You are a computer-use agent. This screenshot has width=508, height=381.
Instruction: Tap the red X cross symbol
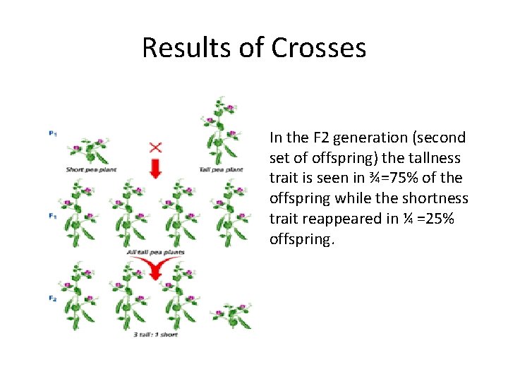[155, 147]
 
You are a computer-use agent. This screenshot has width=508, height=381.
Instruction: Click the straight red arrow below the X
[155, 169]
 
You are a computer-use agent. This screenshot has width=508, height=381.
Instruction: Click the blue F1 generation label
[53, 216]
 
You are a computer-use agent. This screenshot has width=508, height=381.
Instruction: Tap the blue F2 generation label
[53, 298]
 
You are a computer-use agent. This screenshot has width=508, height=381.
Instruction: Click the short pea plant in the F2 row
[234, 315]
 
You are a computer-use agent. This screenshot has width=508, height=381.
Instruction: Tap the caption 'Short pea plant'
[90, 169]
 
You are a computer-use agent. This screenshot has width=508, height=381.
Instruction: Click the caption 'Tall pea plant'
[221, 169]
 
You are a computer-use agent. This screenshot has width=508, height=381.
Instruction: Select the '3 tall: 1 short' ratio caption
[155, 334]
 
